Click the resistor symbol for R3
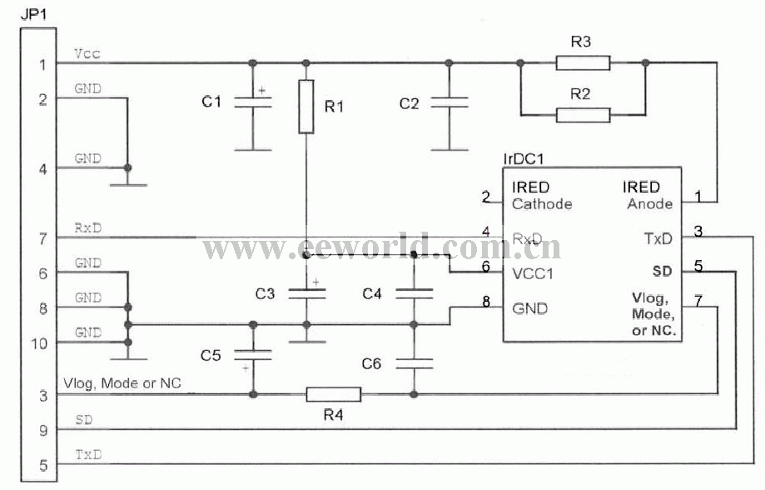pos(583,62)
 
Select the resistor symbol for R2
pos(583,114)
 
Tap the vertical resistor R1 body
pos(306,107)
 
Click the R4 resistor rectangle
pos(334,394)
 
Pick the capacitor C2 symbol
pos(449,102)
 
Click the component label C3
pos(265,293)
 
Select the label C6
pos(371,363)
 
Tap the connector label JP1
pos(30,13)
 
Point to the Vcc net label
pos(86,53)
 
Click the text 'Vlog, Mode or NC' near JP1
pos(122,383)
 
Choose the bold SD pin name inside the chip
pos(663,271)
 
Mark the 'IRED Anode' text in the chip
pos(648,195)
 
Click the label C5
pos(211,356)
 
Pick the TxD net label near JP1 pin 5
pos(89,455)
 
